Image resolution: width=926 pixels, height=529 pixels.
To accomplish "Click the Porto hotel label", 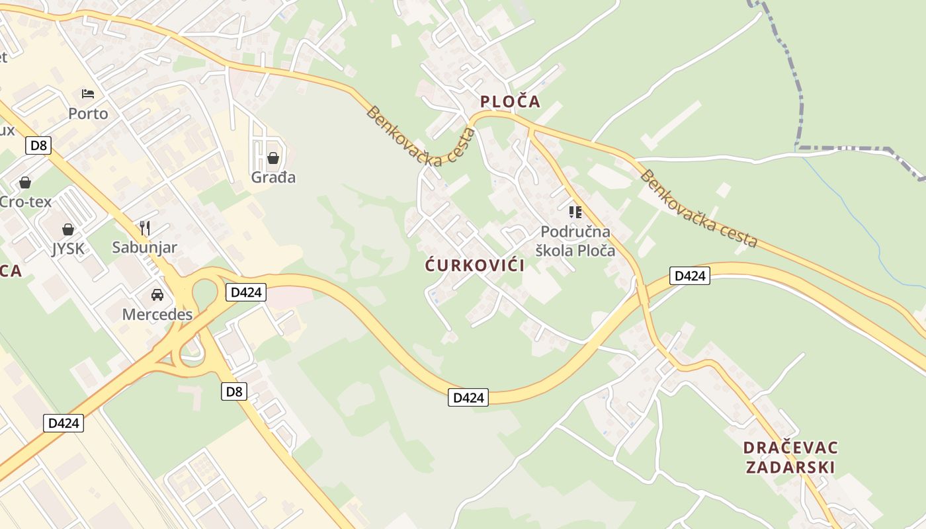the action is [88, 114].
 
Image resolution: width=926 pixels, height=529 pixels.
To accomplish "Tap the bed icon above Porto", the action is [88, 93].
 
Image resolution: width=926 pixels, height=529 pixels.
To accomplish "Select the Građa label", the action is [273, 177].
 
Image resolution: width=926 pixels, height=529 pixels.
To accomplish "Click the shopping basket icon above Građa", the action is [273, 158].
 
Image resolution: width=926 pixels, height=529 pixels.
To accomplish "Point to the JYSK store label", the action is [68, 248].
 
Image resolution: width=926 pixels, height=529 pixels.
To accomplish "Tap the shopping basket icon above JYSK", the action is [68, 229].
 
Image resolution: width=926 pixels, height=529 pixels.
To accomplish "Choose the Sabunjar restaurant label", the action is [144, 247].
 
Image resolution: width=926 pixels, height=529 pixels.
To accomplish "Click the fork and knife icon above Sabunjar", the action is [145, 228].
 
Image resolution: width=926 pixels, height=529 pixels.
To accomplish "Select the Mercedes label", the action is [157, 314].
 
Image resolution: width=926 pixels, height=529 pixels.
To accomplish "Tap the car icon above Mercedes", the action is [157, 294].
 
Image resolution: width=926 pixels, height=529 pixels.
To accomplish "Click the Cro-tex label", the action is [25, 202].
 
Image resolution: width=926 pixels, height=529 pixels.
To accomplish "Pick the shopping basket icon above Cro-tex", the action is [25, 182].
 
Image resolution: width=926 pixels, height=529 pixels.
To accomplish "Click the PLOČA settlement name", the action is [510, 101].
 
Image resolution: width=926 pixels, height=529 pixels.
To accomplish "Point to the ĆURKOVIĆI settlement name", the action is [475, 266].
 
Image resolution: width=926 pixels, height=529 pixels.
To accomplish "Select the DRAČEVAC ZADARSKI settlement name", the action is [791, 458].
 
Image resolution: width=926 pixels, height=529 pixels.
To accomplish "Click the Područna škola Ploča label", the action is [575, 241].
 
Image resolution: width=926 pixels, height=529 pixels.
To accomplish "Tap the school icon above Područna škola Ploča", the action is [575, 212].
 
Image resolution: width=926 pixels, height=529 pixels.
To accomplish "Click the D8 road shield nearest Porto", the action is [39, 145].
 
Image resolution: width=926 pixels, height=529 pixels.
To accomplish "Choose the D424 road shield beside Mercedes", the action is [245, 292].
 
